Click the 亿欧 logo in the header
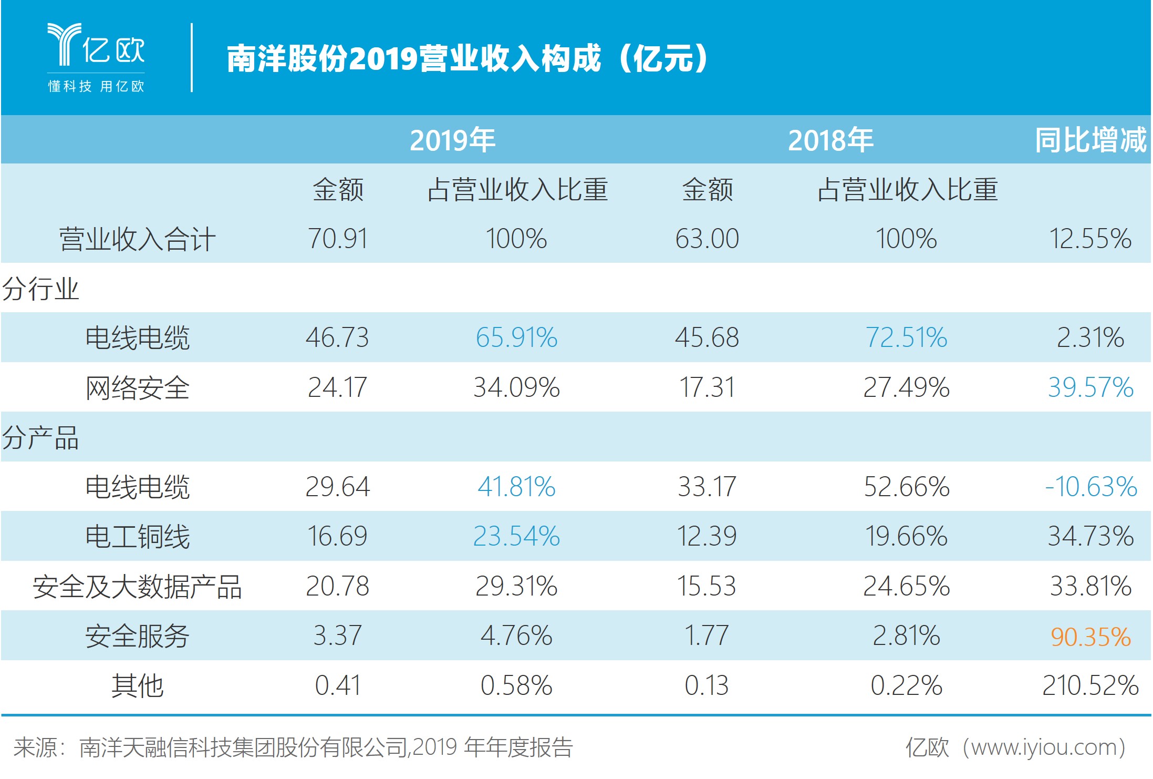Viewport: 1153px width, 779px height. click(96, 57)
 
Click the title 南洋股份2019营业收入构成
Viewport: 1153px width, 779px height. click(468, 58)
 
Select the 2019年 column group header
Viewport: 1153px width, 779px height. click(452, 140)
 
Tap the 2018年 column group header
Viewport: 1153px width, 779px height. click(830, 140)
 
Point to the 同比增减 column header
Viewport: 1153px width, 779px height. click(1090, 140)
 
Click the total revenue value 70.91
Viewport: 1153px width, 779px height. click(337, 239)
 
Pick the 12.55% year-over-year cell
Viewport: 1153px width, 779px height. click(1090, 239)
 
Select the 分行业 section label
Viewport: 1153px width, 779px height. click(40, 289)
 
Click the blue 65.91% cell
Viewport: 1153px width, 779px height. click(516, 337)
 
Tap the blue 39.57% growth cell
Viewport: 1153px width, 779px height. click(1090, 387)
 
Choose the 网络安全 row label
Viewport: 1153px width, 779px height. click(137, 388)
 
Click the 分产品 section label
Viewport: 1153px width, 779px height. click(40, 437)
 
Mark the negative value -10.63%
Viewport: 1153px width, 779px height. click(1090, 487)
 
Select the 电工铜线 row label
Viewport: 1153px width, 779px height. click(137, 537)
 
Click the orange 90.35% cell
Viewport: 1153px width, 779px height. click(1090, 637)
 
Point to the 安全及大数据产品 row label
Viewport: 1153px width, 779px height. click(137, 587)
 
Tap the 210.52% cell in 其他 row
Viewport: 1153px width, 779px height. click(1090, 686)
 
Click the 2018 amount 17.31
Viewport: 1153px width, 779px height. click(707, 387)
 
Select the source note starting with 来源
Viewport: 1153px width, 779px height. click(293, 747)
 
